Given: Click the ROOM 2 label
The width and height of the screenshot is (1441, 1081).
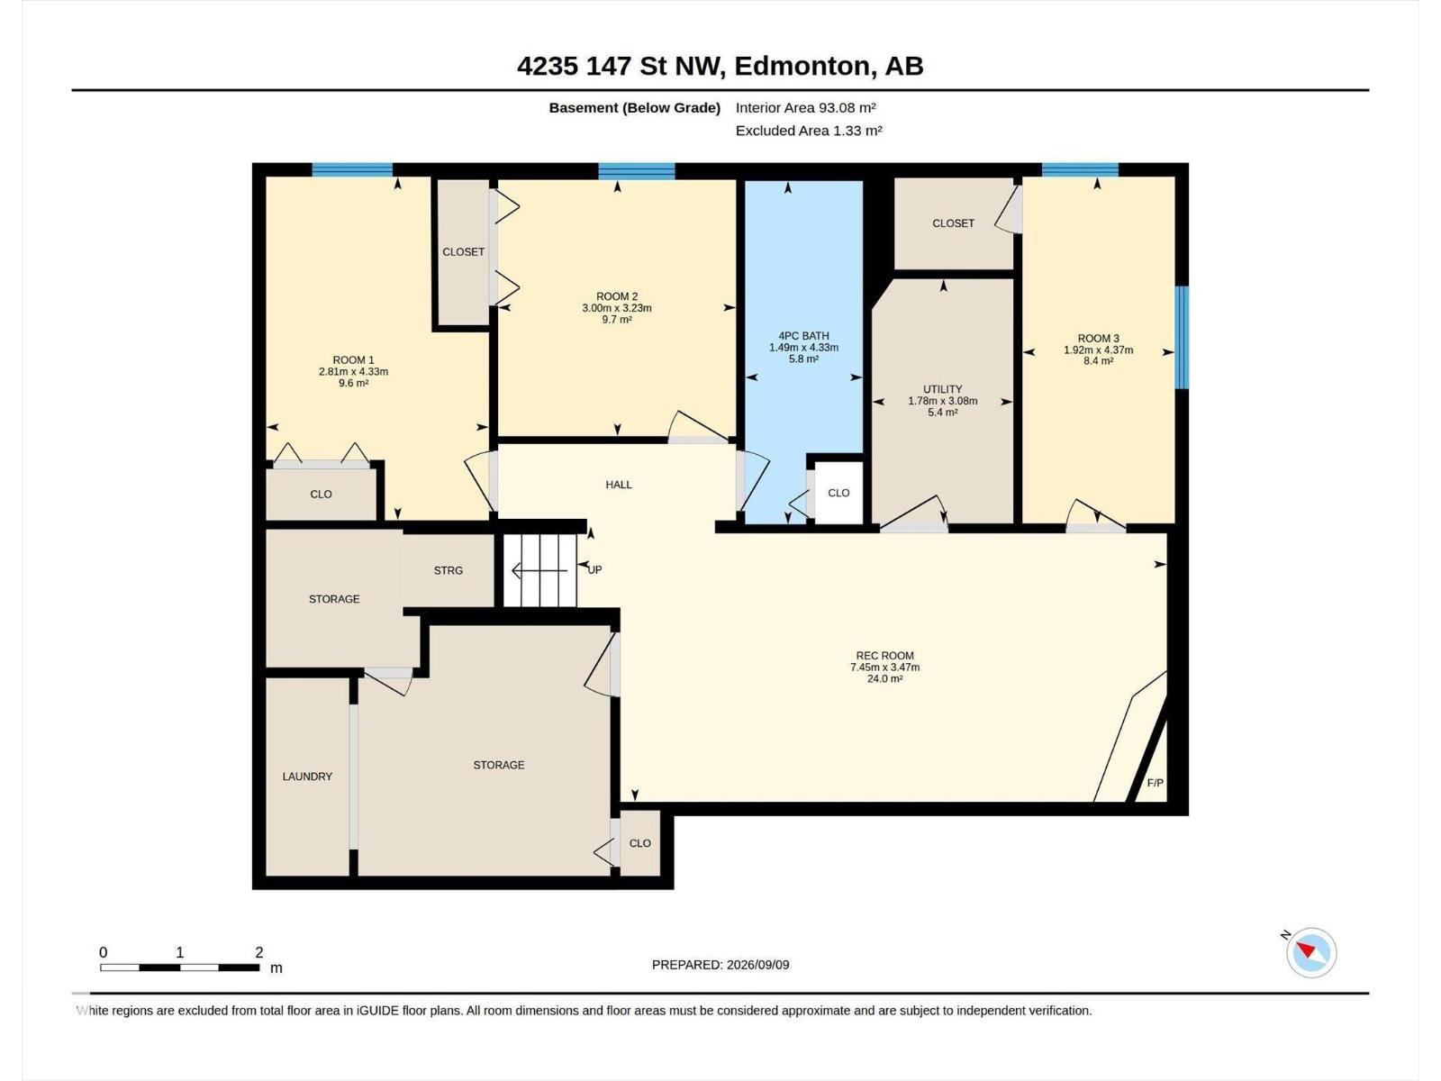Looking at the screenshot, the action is [616, 296].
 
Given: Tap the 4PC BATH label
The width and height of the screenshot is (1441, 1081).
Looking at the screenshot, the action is [803, 336].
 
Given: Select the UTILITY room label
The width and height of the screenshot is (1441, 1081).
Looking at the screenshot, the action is [943, 389].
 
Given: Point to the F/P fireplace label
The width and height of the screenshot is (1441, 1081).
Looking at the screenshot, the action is [1155, 783].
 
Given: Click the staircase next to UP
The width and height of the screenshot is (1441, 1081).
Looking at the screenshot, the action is [539, 570].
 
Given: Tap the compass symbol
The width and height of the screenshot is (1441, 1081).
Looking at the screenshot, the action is [1311, 952].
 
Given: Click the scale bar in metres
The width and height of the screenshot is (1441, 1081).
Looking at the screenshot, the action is [179, 967].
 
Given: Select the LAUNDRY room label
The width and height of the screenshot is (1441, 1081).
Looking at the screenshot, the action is [307, 777].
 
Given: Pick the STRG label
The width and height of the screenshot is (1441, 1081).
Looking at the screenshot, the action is [449, 570].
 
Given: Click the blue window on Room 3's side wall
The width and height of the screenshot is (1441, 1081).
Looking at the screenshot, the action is [1181, 337].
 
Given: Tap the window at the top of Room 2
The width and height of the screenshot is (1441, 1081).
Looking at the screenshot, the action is [637, 171].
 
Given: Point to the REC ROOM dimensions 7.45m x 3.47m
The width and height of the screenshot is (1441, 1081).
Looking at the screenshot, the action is [884, 667].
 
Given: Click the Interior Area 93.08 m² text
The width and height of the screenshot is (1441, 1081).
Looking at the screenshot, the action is [805, 107].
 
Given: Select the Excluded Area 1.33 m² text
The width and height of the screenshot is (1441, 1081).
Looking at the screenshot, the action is [809, 131].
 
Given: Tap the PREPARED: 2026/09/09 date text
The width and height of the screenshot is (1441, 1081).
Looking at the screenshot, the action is [720, 965].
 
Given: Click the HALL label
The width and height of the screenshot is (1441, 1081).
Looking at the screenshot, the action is [619, 485].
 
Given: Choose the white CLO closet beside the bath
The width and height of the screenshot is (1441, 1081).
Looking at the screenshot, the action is [838, 493].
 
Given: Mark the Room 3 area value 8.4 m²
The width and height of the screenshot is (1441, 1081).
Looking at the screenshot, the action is [1098, 361].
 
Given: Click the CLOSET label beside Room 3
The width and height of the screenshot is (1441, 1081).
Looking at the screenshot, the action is [953, 223].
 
